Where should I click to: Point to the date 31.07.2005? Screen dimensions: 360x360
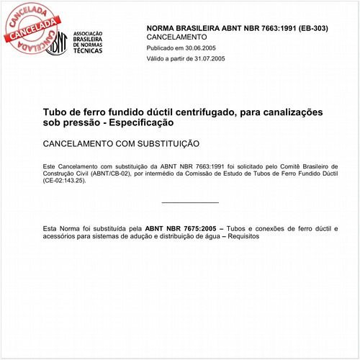click(206, 58)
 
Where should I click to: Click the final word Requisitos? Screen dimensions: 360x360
click(243, 236)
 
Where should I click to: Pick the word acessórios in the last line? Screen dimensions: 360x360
click(60, 236)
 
